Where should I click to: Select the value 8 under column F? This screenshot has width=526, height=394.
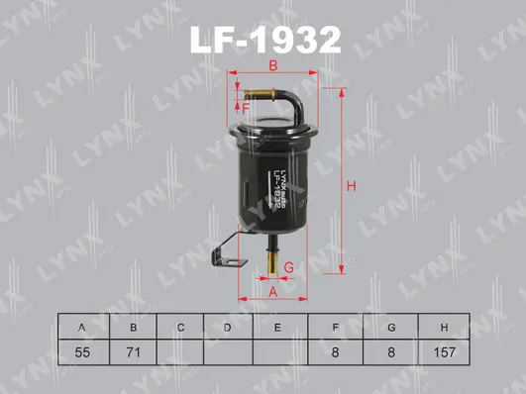(337, 349)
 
